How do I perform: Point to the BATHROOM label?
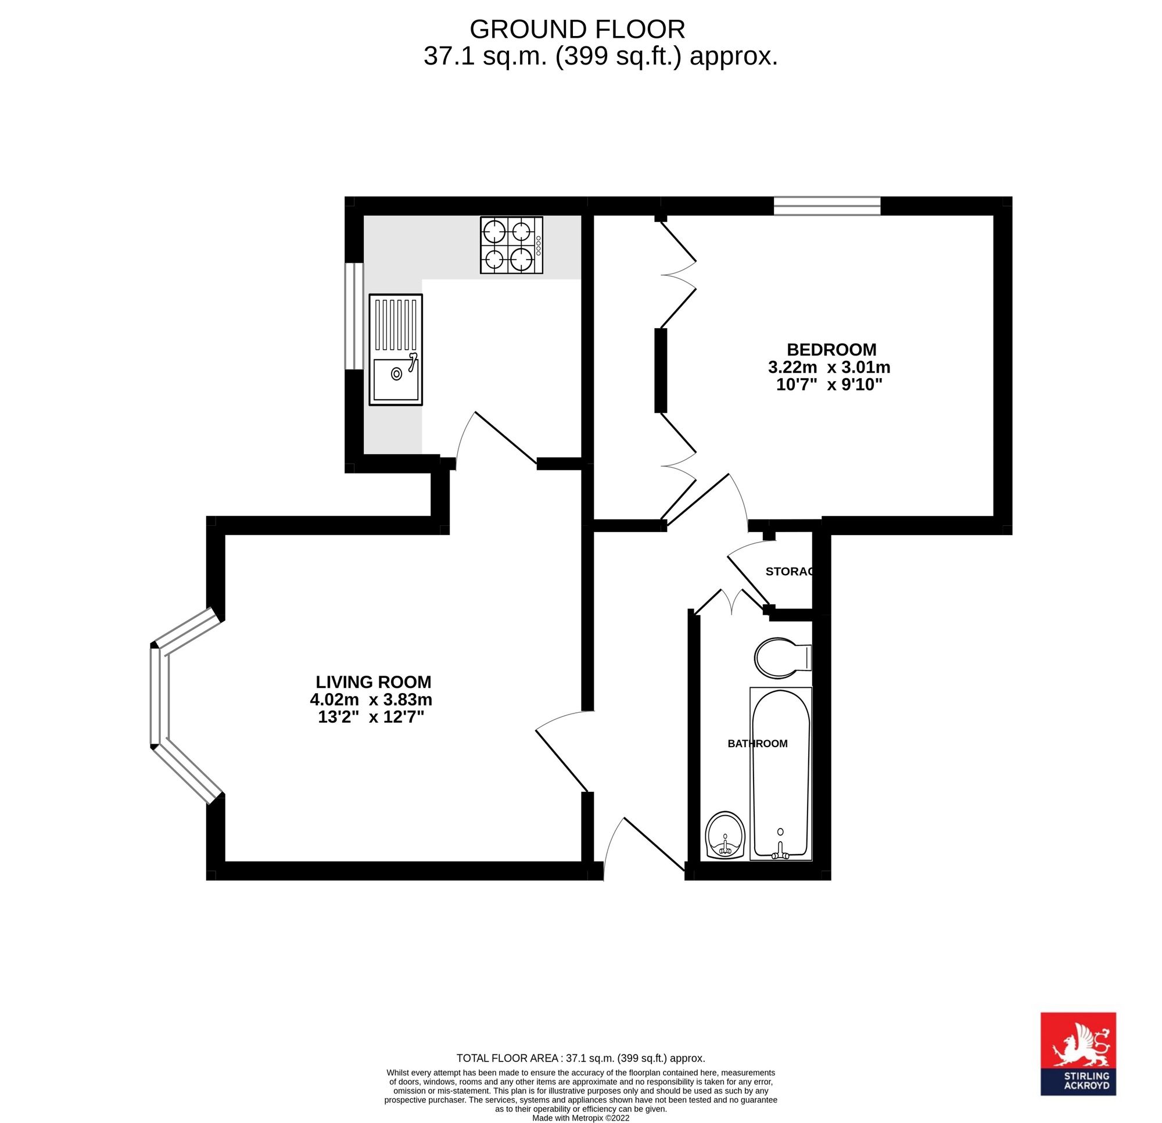[757, 744]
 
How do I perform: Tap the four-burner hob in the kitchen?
[511, 245]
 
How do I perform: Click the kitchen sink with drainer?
[396, 350]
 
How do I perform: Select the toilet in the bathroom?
[783, 658]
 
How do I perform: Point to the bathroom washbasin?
[725, 835]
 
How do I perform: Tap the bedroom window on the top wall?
[827, 206]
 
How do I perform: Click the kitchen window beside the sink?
[354, 316]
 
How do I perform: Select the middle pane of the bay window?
[159, 695]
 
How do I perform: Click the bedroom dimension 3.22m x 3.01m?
[829, 367]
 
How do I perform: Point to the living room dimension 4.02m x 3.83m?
[371, 699]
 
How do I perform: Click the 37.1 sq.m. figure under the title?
[485, 57]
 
